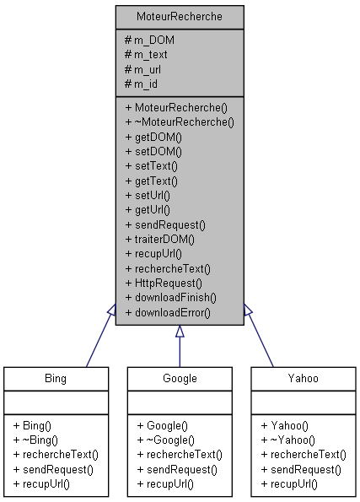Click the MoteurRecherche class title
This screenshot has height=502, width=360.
(x=180, y=17)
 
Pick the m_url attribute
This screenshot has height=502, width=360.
(x=144, y=68)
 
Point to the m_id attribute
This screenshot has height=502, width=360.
(x=141, y=83)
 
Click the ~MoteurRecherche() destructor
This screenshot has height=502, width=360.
(x=179, y=121)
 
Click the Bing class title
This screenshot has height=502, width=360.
(x=55, y=378)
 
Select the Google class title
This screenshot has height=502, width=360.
(x=180, y=378)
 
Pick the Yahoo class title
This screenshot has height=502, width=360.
(x=304, y=378)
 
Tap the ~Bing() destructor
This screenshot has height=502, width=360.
(x=36, y=440)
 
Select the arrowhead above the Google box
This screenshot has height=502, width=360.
(x=180, y=332)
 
